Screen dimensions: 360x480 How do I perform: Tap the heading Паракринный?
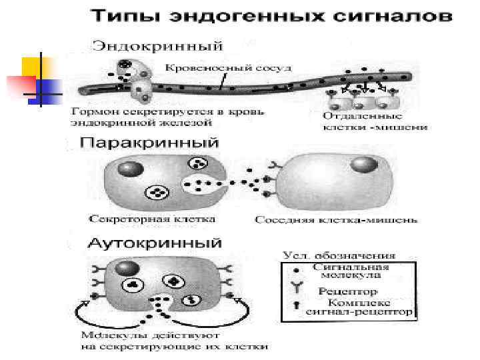pos(150,143)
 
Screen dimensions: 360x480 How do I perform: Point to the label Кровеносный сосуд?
pos(216,68)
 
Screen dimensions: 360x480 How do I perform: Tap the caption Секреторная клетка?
pos(153,219)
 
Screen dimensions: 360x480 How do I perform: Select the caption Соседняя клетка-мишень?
pos(336,219)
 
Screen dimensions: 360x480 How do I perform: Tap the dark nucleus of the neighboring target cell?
pos(363,164)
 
